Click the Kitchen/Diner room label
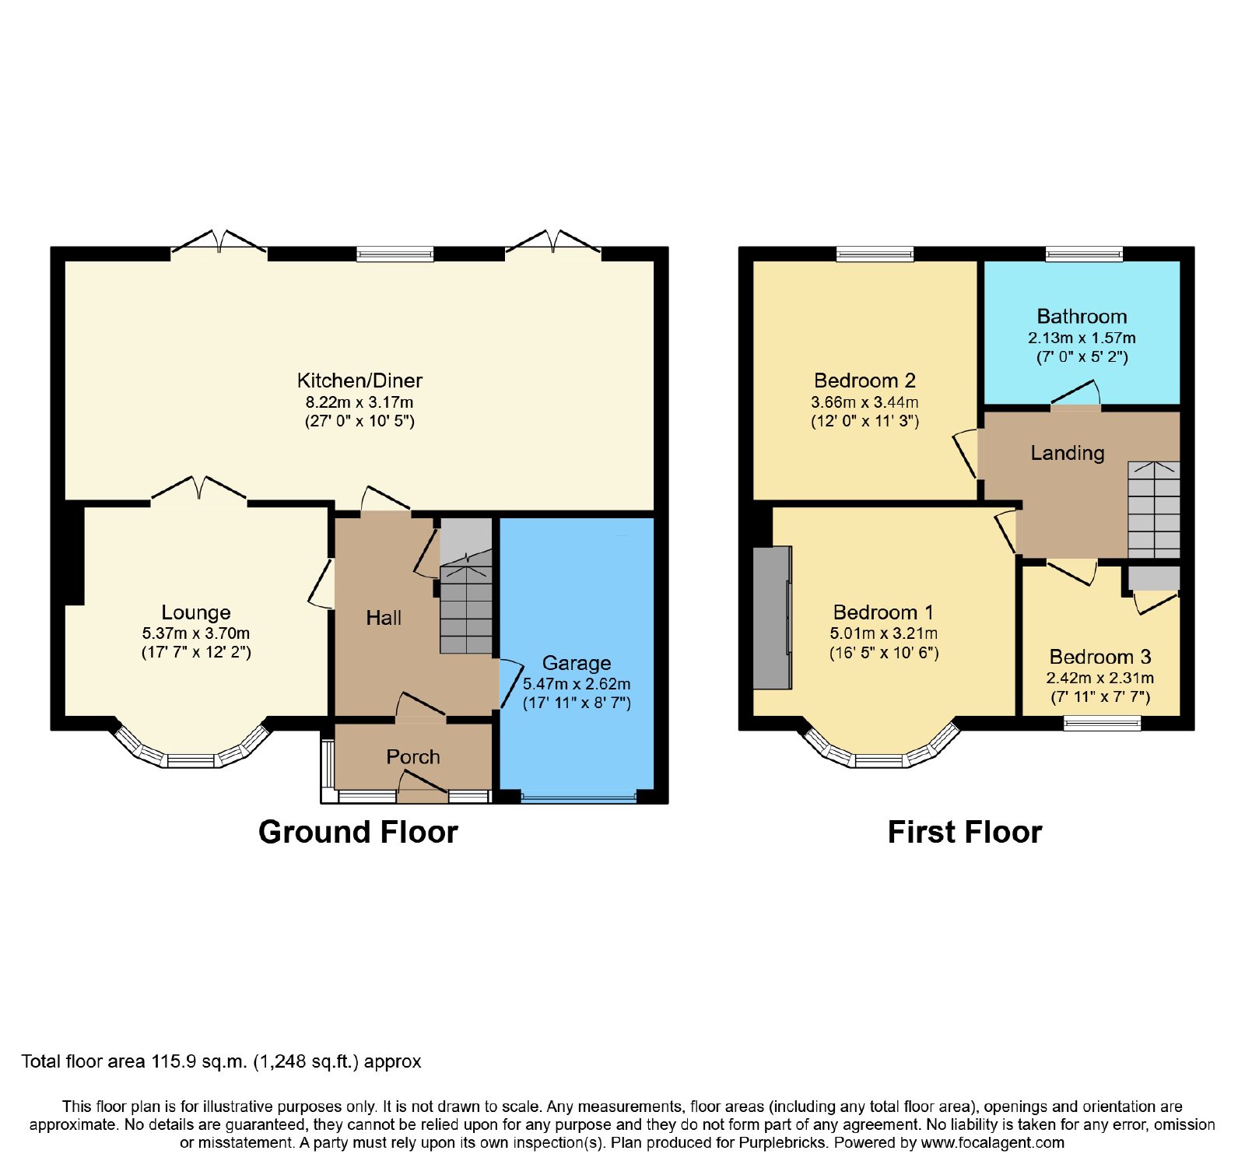359,381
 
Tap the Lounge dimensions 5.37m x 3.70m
196,633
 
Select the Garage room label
577,663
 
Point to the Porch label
413,756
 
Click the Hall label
384,618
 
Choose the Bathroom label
1082,317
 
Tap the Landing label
1068,453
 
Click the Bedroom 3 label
1100,657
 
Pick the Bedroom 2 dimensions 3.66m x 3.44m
864,402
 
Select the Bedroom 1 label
883,612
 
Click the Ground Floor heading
358,832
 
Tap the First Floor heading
965,832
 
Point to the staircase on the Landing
1154,509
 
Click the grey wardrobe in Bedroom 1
773,617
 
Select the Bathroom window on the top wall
1084,254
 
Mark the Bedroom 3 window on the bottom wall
1103,723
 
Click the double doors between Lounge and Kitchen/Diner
199,489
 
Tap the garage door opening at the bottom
579,797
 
